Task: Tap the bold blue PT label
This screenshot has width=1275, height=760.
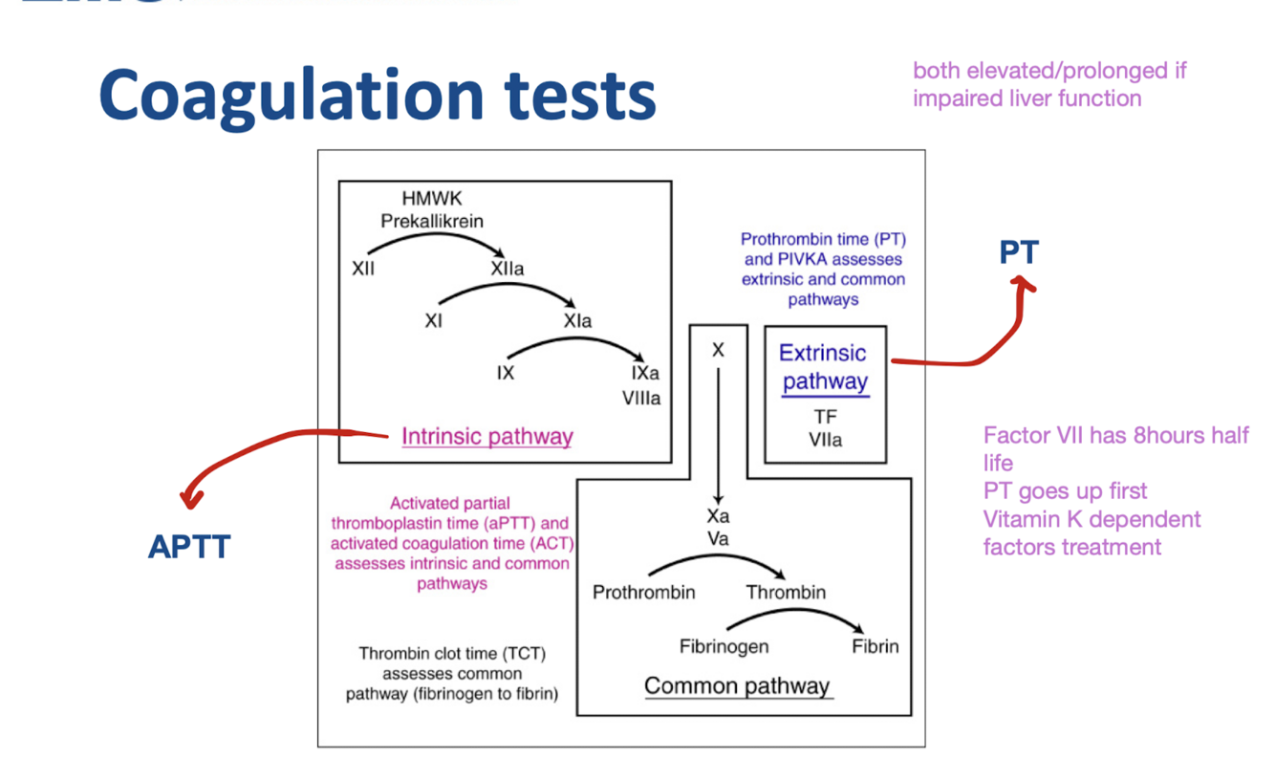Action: pos(1019,253)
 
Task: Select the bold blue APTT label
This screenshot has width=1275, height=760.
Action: pos(189,547)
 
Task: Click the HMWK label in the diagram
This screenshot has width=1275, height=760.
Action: pos(431,199)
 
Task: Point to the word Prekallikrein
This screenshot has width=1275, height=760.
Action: pos(432,221)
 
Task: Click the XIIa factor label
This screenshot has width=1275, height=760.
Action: pos(507,270)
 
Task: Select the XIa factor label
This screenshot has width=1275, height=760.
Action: pos(577,321)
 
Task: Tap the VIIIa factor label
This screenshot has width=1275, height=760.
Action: pos(641,398)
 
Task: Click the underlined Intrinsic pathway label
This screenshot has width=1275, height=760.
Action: pos(486,437)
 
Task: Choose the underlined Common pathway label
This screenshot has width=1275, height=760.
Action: pos(737,685)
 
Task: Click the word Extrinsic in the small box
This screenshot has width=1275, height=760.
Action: pos(822,353)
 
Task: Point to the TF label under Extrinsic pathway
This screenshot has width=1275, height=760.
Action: pos(825,418)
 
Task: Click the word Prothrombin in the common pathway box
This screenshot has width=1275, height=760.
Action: pos(643,593)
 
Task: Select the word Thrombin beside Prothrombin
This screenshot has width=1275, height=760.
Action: pos(786,593)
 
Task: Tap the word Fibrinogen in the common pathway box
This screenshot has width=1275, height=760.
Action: pos(724,646)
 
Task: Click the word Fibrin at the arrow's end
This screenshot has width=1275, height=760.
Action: pos(875,646)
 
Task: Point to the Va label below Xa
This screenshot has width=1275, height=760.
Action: pos(718,538)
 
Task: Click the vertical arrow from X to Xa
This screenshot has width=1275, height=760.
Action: pos(718,430)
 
